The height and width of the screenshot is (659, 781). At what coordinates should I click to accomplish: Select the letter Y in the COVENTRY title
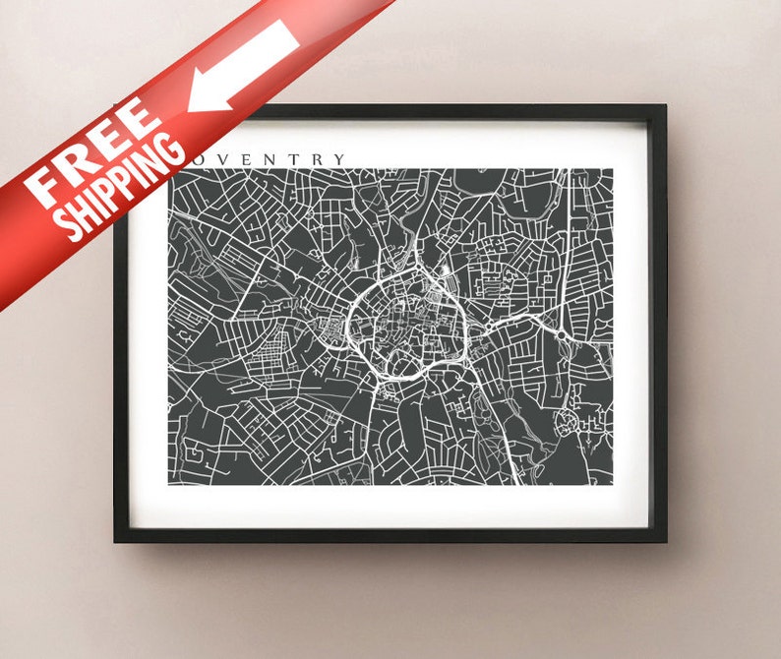tap(340, 159)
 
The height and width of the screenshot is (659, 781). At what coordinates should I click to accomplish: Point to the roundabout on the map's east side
tap(560, 335)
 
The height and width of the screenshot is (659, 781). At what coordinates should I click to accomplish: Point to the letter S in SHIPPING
tap(67, 228)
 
